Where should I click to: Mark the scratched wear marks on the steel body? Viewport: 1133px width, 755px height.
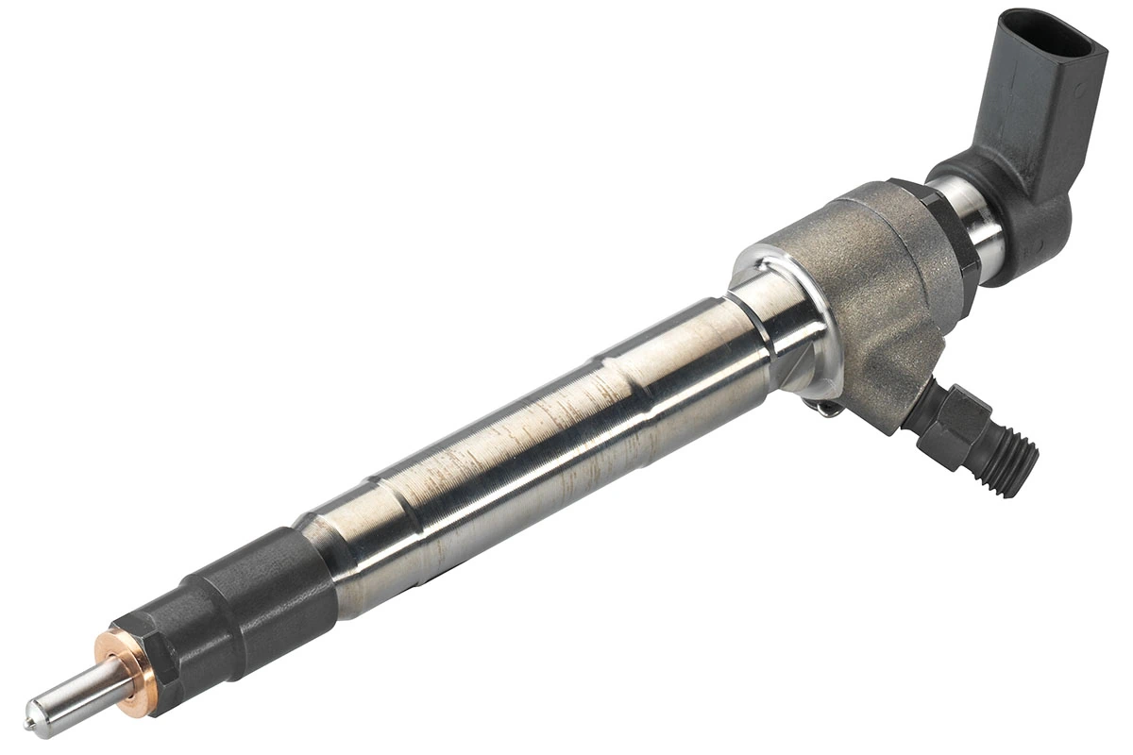pos(529,415)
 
